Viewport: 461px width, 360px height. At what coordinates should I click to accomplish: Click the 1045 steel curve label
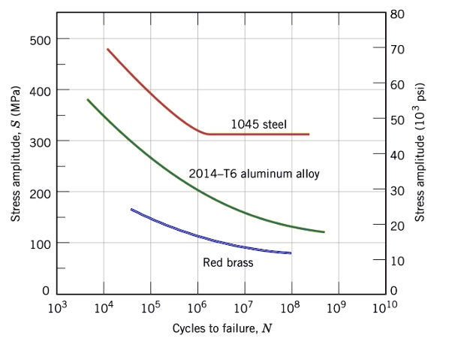(258, 124)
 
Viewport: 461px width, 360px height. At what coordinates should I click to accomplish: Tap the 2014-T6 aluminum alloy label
(254, 174)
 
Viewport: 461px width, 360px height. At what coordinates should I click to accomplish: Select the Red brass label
(227, 262)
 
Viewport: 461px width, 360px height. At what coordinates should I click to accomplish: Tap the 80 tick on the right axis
(399, 14)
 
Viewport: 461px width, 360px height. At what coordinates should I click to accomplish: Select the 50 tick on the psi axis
(399, 119)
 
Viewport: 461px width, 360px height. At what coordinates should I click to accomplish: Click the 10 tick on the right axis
(399, 260)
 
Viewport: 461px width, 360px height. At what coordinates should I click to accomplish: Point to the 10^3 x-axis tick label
(56, 307)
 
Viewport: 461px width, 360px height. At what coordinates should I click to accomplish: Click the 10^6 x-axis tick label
(197, 307)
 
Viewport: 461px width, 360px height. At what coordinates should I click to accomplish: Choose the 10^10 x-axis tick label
(385, 307)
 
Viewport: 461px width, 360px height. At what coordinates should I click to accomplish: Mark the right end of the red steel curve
(309, 135)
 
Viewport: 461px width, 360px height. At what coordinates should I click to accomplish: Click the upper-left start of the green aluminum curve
(88, 99)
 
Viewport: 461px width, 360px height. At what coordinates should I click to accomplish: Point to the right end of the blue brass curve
(291, 253)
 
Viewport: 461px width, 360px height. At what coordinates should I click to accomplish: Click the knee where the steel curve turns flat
(206, 134)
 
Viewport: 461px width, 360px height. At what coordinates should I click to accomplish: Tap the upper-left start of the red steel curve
(107, 49)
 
